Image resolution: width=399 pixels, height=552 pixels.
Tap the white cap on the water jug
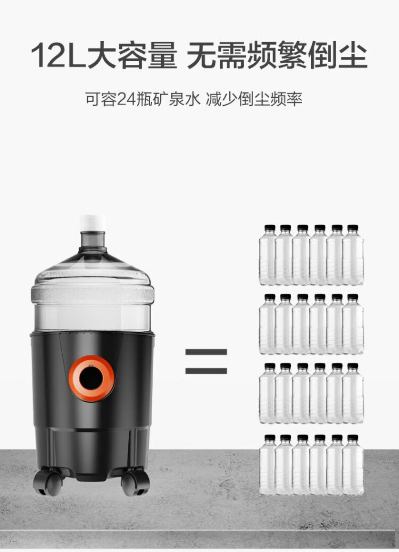(x=93, y=223)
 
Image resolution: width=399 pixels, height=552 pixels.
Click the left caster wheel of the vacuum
(x=48, y=481)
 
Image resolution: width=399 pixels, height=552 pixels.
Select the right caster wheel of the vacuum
(x=135, y=482)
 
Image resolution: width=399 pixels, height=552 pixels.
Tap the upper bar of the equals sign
(x=206, y=352)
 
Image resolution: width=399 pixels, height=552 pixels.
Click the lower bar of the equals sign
(x=206, y=371)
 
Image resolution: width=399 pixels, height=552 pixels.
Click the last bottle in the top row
(x=353, y=255)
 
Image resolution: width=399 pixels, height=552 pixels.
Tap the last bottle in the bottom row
(x=353, y=465)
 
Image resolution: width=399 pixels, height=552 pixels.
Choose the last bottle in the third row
(x=353, y=393)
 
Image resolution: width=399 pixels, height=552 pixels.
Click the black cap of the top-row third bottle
(x=303, y=228)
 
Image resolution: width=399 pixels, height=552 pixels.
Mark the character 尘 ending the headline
(x=353, y=55)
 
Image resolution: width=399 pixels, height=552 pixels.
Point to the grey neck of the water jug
(x=93, y=240)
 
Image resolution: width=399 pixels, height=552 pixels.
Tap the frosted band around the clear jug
(x=93, y=294)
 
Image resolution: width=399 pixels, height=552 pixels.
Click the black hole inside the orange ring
(x=91, y=378)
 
